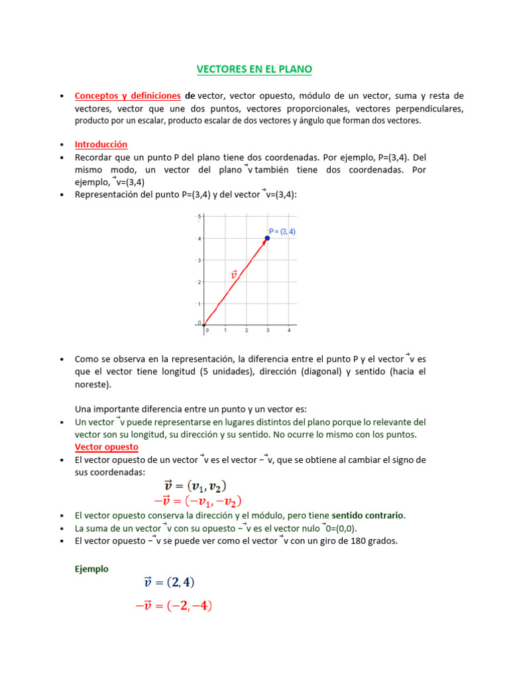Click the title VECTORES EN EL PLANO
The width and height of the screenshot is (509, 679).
point(254,69)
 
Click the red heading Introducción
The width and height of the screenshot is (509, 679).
point(101,144)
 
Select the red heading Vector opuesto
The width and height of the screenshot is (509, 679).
point(106,447)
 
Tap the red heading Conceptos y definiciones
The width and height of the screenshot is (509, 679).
point(127,95)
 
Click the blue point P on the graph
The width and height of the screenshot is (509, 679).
point(267,238)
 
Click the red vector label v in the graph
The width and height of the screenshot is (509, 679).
point(233,274)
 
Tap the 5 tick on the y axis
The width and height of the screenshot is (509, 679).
point(199,217)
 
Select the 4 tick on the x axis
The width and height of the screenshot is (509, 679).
point(289,330)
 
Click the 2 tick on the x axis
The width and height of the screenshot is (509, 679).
point(247,330)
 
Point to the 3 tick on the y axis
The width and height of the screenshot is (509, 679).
point(199,261)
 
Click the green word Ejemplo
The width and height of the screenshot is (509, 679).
point(91,568)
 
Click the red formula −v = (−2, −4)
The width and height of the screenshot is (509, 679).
point(173,605)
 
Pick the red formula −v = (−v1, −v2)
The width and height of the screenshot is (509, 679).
point(198,501)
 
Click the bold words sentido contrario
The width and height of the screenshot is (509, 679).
point(367,515)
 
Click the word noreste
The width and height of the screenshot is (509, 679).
point(92,384)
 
